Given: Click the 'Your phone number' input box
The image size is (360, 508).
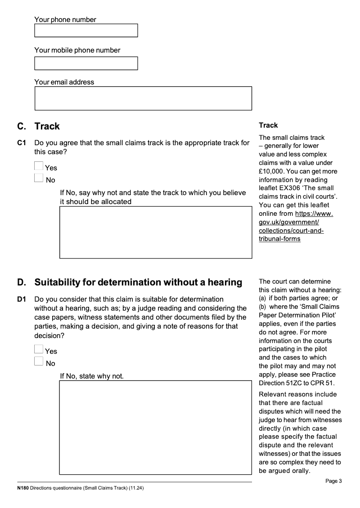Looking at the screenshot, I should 86,31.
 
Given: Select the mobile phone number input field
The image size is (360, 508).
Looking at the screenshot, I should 86,63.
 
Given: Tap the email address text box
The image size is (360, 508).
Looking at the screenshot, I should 143,98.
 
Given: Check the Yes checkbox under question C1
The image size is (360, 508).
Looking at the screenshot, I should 39,166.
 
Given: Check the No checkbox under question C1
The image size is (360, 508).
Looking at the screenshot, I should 39,179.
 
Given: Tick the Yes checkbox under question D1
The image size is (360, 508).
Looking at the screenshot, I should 39,350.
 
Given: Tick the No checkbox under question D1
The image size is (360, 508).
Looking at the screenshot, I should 39,362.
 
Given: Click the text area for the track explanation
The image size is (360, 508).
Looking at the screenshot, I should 156,232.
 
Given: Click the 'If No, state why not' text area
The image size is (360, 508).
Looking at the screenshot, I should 156,428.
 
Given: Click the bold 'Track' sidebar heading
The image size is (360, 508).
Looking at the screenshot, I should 268,125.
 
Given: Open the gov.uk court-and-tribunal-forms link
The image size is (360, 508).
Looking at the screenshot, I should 291,226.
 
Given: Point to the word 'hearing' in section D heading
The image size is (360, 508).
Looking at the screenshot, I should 226,282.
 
